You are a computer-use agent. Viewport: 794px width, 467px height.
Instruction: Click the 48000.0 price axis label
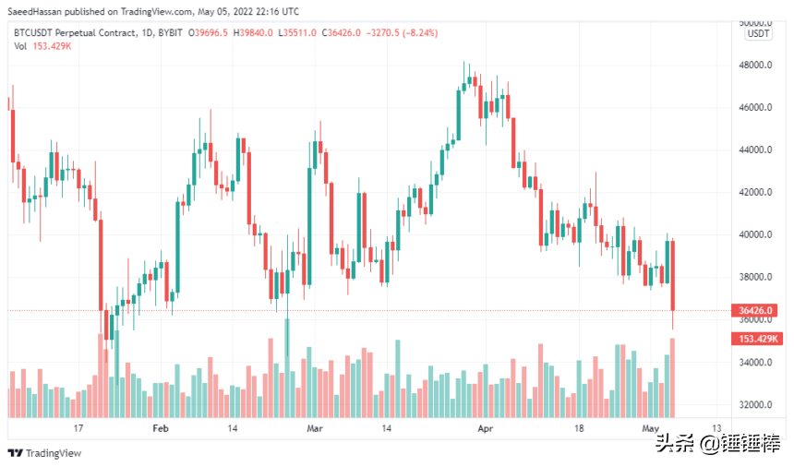753,66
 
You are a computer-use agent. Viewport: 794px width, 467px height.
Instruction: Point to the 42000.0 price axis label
753,193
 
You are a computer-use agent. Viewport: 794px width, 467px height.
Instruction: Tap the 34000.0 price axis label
753,363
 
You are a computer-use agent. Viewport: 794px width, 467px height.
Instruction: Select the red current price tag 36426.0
757,311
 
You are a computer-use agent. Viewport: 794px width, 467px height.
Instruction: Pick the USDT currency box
758,33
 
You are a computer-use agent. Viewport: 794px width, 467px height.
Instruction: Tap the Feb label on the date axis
161,429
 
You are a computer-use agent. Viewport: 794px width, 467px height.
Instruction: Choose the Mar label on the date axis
316,429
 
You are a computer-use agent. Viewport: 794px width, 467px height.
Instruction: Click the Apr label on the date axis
486,429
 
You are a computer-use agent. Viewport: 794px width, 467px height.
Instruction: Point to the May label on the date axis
650,429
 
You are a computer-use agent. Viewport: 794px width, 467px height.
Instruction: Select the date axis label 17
79,429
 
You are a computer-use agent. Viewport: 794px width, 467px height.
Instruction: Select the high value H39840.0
255,32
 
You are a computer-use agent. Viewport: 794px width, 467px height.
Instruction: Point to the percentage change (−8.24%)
416,32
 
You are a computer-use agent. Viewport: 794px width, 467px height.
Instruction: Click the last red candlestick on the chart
673,275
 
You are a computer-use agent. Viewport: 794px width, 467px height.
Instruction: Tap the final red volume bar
673,377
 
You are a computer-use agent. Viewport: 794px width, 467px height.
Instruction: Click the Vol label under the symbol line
20,46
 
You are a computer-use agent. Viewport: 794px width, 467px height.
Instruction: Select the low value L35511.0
296,32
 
